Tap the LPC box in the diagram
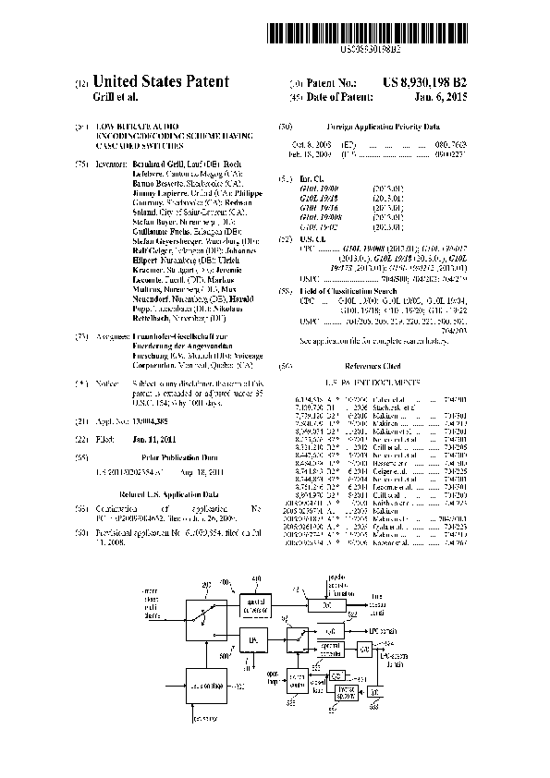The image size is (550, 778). tap(251, 638)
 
